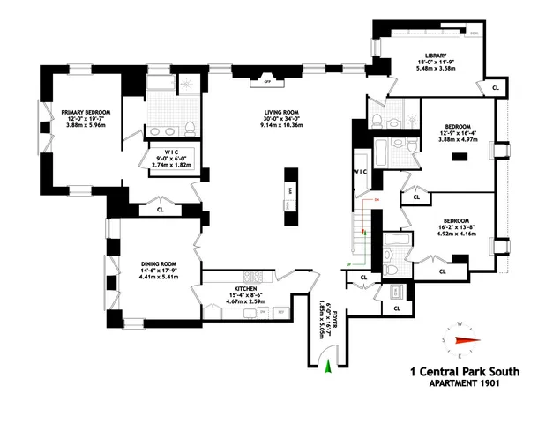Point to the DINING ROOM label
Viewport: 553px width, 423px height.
click(160, 263)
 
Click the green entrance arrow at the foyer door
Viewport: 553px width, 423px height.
click(330, 367)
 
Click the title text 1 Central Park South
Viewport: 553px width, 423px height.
click(464, 373)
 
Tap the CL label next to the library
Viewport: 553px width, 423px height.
click(495, 88)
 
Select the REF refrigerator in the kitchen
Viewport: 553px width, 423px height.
click(281, 312)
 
